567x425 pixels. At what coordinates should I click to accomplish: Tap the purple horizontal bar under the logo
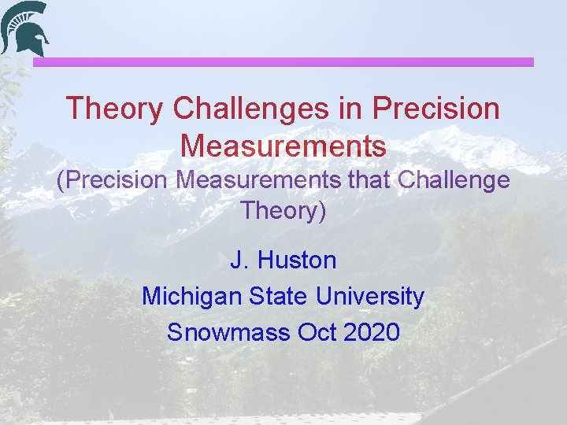point(283,61)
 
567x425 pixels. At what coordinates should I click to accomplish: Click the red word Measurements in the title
point(283,146)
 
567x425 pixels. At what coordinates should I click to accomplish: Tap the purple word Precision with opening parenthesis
point(112,180)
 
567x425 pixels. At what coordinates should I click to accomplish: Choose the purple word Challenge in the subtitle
point(454,180)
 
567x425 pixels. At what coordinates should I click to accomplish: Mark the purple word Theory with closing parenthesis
point(283,211)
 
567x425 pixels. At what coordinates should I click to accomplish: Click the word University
point(370,296)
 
